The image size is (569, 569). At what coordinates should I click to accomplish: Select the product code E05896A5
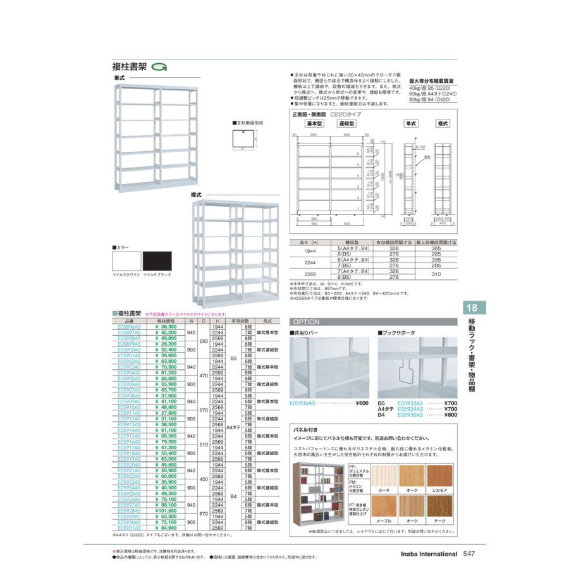(131, 327)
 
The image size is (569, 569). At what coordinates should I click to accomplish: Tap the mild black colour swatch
(157, 261)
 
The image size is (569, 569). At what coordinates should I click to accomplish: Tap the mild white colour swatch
(126, 261)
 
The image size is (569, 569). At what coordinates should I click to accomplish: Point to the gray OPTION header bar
(372, 321)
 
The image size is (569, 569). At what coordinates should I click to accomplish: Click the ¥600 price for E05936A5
(362, 403)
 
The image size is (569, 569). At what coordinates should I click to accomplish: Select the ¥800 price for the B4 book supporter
(450, 415)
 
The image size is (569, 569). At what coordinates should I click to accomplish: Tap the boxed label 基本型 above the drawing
(315, 123)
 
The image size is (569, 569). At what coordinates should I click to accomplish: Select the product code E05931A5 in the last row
(131, 528)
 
